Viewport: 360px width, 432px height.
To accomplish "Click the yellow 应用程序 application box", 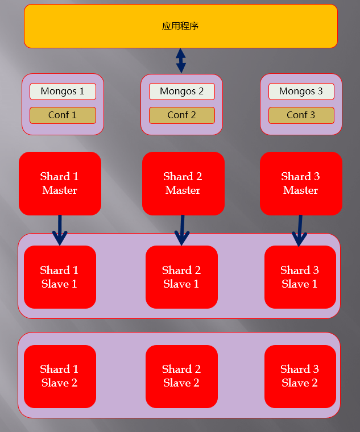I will (x=180, y=26).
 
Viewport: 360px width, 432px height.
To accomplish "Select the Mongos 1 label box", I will (x=63, y=92).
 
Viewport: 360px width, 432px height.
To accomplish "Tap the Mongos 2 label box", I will (x=182, y=92).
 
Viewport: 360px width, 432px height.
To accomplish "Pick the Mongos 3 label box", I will (x=301, y=92).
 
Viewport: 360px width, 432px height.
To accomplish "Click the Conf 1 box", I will (x=63, y=115).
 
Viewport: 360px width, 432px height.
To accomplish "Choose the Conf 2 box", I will (x=182, y=115).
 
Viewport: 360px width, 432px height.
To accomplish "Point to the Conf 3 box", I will (x=301, y=115).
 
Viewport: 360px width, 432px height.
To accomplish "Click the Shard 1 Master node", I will (x=60, y=184).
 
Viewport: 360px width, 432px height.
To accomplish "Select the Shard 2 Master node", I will (x=183, y=184).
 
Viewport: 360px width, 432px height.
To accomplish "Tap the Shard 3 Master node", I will (x=301, y=184).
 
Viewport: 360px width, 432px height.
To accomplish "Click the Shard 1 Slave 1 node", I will (x=60, y=277).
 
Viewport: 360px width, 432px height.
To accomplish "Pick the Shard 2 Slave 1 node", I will (x=181, y=277).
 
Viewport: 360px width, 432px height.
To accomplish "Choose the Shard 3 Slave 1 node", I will (x=300, y=277).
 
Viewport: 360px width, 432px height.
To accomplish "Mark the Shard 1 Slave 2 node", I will (x=60, y=376).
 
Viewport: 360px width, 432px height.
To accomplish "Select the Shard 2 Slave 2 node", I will (x=181, y=376).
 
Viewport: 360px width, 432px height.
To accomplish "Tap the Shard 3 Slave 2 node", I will (x=300, y=376).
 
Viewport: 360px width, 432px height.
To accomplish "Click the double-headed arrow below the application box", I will (x=181, y=60).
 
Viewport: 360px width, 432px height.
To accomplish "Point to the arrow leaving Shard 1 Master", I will (x=60, y=230).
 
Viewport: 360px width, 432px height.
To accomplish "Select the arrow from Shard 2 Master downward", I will (x=182, y=230).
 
